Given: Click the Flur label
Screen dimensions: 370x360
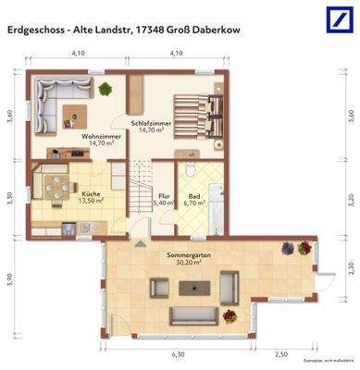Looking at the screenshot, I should click(163, 195).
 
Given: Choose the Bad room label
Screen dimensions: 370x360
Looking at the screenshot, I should click(192, 195).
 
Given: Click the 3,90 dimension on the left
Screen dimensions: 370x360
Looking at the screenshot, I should click(10, 277).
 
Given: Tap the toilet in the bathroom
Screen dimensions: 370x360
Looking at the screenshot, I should click(190, 169).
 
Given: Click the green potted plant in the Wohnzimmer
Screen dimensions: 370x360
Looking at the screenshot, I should click(106, 89).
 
